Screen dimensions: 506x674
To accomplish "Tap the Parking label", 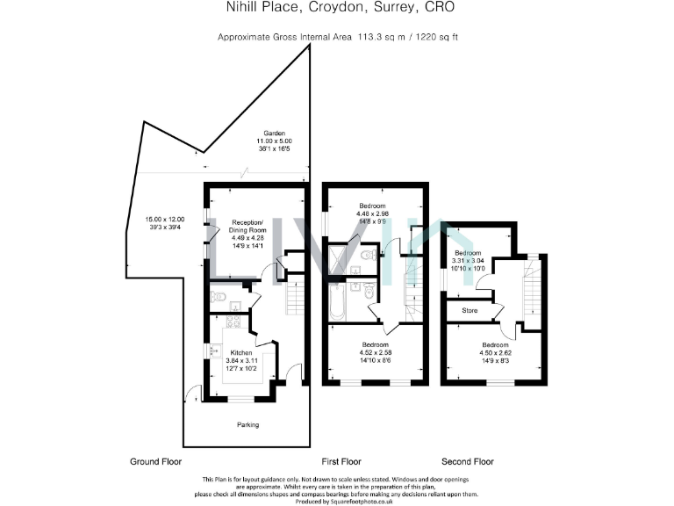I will click(x=247, y=425).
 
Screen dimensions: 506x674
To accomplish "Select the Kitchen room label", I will click(x=240, y=351).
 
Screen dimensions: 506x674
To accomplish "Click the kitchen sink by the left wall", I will click(x=216, y=351).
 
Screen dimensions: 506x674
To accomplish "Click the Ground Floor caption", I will click(x=154, y=461).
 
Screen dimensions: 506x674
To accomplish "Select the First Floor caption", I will click(x=341, y=461).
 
